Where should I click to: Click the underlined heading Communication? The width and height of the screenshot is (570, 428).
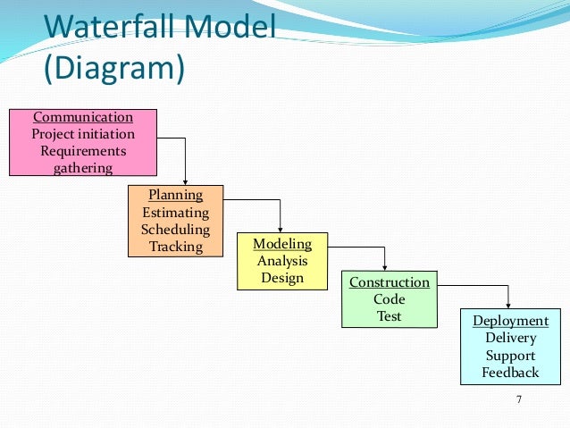point(83,117)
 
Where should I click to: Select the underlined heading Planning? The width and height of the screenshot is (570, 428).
point(176,195)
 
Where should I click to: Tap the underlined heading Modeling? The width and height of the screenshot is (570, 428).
point(282,244)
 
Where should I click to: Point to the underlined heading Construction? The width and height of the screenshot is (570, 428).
point(390,282)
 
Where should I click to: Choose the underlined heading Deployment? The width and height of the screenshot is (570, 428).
point(511,321)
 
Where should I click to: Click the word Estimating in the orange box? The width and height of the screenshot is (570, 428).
point(176,213)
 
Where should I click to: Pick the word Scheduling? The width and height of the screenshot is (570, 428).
point(176,230)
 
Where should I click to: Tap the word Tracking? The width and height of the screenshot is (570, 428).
point(176,247)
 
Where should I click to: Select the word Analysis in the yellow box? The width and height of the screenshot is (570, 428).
point(282,261)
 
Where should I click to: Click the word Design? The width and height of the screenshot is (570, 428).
point(282,278)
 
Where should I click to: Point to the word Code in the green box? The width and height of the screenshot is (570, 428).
point(390,299)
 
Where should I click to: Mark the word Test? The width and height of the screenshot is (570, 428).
point(390,316)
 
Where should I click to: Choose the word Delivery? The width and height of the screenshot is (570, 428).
point(511,338)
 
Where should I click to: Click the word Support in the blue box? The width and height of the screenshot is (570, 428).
point(511,356)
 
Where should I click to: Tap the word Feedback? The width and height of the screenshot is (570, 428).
point(511,373)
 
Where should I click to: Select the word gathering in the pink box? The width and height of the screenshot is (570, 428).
point(83,168)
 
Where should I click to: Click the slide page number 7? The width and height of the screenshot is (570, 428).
point(519,399)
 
